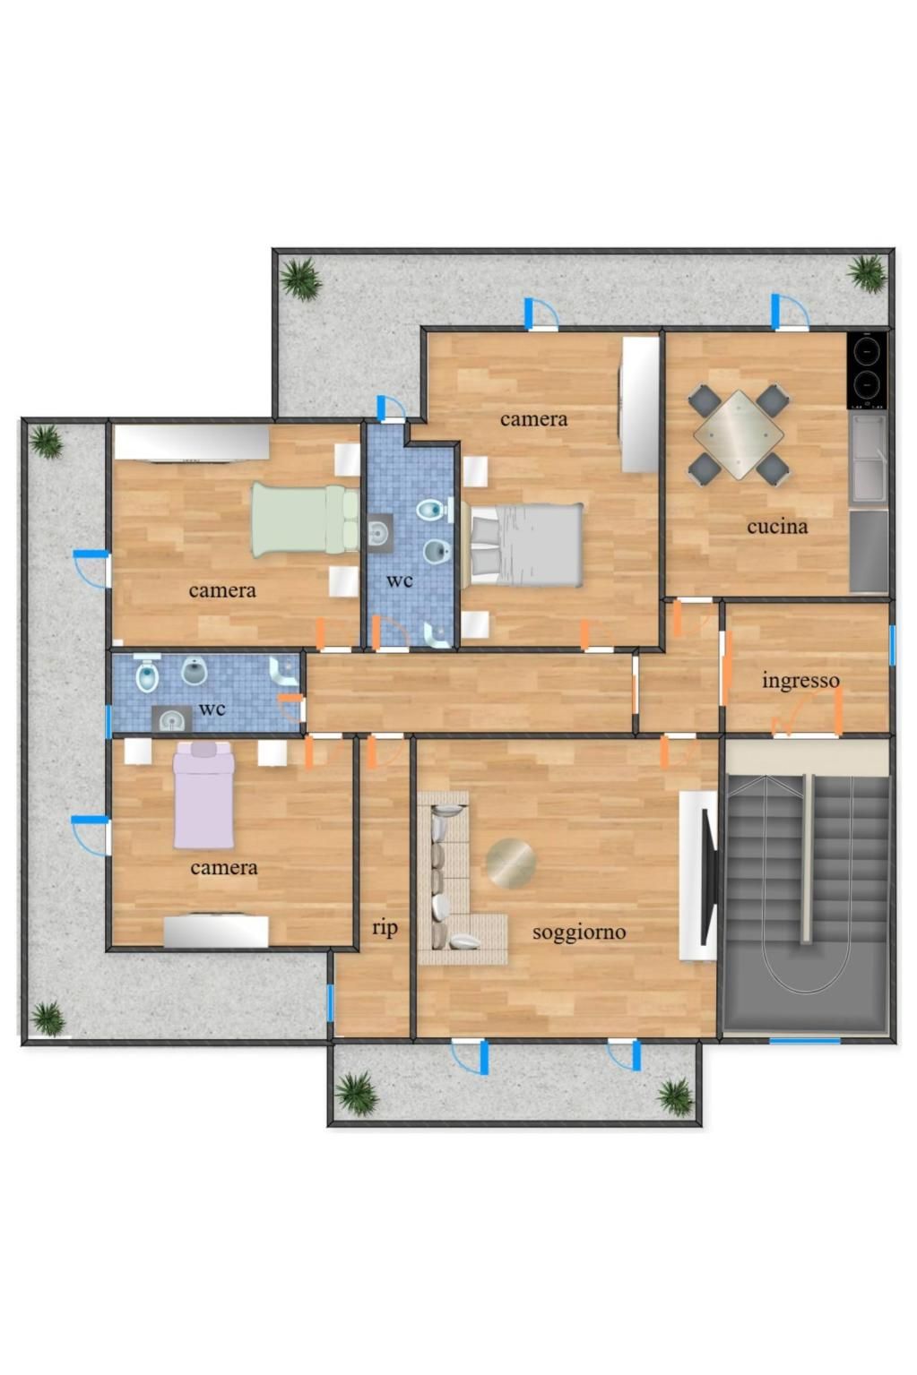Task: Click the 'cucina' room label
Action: [776, 526]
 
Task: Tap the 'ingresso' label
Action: [800, 682]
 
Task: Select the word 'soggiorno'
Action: [578, 932]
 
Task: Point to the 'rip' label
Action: [385, 928]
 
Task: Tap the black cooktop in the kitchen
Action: [867, 370]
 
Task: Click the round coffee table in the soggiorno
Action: [510, 863]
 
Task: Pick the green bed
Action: [306, 520]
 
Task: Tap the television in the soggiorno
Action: [709, 877]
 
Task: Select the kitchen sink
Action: [868, 459]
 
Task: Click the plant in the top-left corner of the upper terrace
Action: [301, 279]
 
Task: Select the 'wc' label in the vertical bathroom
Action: [399, 580]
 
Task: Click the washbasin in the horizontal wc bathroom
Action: [171, 718]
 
